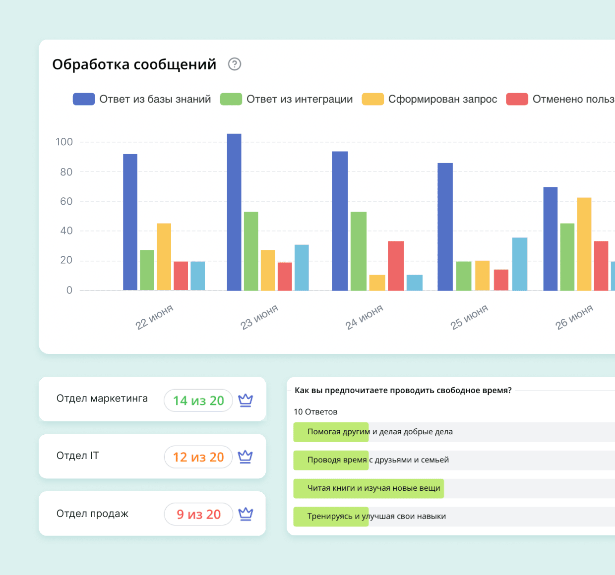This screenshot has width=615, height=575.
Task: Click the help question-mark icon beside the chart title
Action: (235, 64)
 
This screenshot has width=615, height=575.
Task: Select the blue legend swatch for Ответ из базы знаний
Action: (84, 99)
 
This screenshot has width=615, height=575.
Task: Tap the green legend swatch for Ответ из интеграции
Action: (231, 99)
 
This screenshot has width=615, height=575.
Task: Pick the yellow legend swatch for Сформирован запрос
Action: (373, 99)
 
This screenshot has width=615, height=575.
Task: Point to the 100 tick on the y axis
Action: (64, 142)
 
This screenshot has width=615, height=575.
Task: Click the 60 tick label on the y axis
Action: (66, 201)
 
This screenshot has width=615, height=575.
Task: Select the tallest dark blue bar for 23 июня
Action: (234, 212)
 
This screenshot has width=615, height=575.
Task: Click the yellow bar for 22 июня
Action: (164, 257)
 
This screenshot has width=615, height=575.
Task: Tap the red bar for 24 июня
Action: (396, 266)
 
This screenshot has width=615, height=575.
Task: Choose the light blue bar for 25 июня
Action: (520, 264)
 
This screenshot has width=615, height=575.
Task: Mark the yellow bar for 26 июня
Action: (584, 244)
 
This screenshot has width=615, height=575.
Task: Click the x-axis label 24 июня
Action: (365, 317)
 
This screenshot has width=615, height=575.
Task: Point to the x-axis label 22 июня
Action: (155, 317)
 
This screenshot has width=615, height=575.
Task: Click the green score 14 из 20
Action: (198, 401)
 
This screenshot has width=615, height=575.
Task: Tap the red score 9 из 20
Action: (198, 515)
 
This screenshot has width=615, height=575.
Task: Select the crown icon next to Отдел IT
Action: (246, 457)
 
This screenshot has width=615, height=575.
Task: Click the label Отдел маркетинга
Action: (102, 399)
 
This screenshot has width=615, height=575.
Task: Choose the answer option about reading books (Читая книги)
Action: (373, 488)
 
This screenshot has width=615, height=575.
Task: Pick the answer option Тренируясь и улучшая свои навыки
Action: (376, 517)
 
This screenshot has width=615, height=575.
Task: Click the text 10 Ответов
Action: (315, 412)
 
